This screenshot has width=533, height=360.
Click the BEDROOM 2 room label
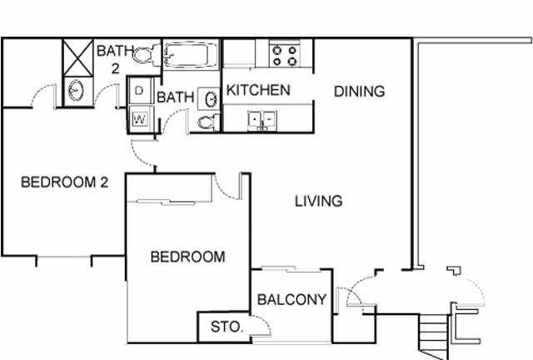65,182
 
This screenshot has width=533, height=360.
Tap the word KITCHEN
258,90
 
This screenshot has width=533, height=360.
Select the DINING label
359,92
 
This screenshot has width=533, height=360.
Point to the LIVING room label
318,201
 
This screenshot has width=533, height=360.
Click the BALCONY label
291,300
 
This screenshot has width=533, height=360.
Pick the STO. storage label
227,327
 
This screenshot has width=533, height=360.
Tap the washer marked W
140,118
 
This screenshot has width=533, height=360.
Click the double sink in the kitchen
263,120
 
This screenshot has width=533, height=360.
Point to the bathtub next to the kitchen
191,57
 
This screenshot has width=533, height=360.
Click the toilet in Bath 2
147,55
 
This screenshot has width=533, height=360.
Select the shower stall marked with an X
80,57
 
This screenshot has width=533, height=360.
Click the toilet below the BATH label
207,122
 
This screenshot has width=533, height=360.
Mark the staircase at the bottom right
434,332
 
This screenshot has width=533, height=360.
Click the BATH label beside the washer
175,97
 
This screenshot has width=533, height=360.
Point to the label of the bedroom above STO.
187,257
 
